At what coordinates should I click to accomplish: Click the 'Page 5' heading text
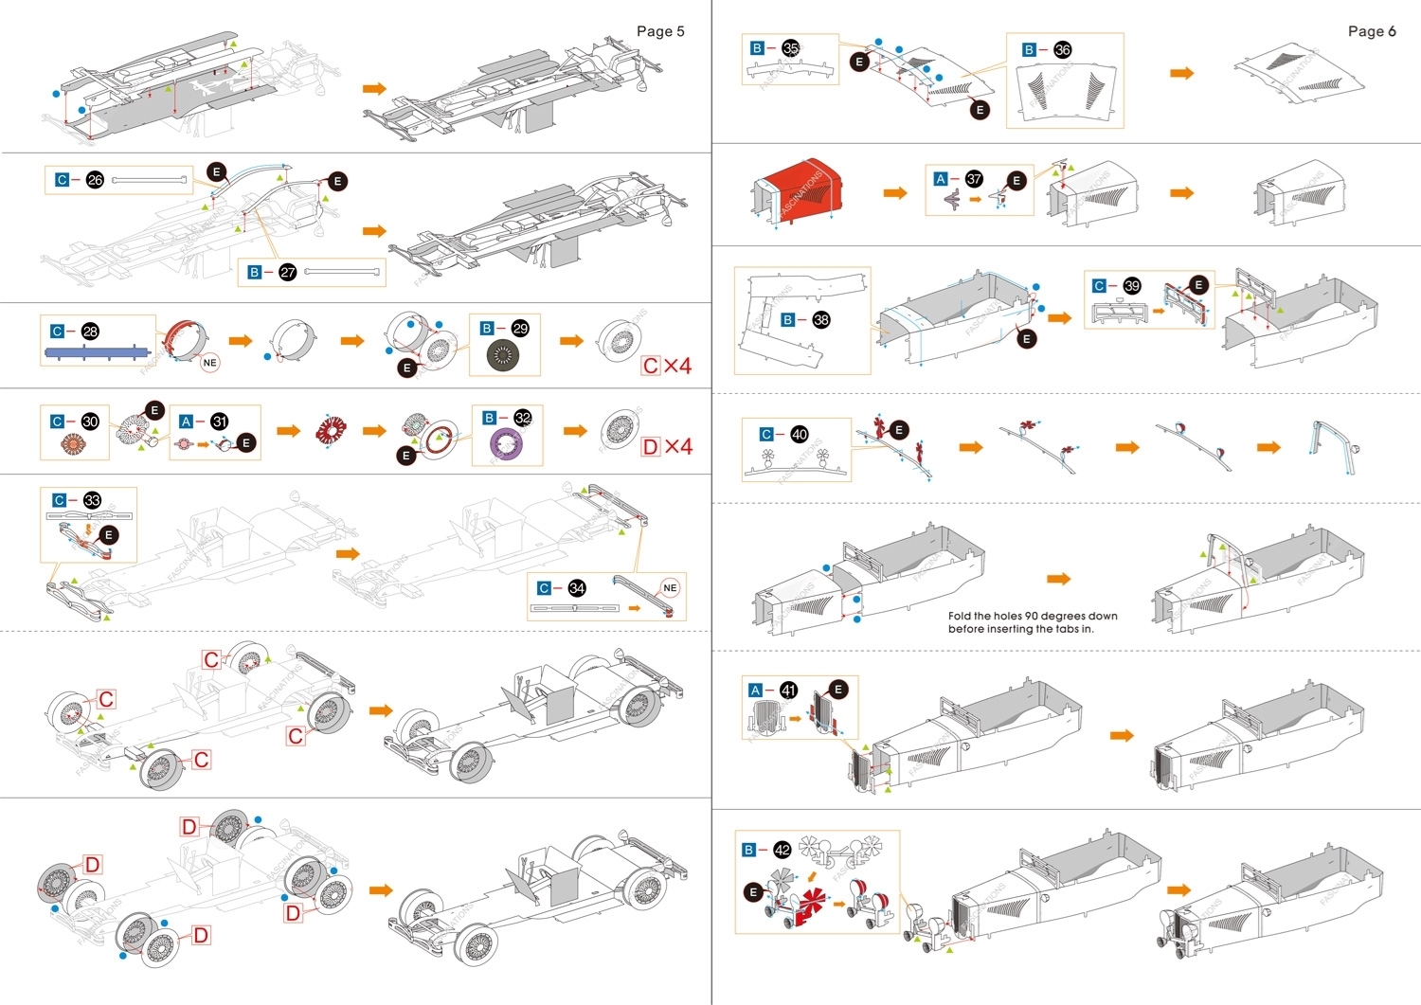point(660,31)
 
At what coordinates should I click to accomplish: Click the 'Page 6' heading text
point(1372,31)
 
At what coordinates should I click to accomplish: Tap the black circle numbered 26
point(95,180)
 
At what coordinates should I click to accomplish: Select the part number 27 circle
point(288,272)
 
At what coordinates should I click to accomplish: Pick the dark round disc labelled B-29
point(503,355)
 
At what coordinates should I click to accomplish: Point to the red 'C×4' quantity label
point(667,366)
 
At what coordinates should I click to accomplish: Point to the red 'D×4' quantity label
point(667,446)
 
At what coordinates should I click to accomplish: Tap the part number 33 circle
point(92,500)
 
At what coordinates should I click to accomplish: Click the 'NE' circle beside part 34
point(670,588)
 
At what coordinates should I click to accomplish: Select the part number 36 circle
point(1062,49)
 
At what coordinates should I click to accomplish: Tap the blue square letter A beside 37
point(940,179)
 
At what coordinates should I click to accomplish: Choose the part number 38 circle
point(820,320)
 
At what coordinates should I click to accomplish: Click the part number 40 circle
point(800,434)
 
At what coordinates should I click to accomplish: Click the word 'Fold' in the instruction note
point(960,616)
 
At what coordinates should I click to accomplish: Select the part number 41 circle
point(788,691)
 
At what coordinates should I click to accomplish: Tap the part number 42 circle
point(782,850)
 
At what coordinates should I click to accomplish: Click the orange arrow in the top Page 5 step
point(375,88)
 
